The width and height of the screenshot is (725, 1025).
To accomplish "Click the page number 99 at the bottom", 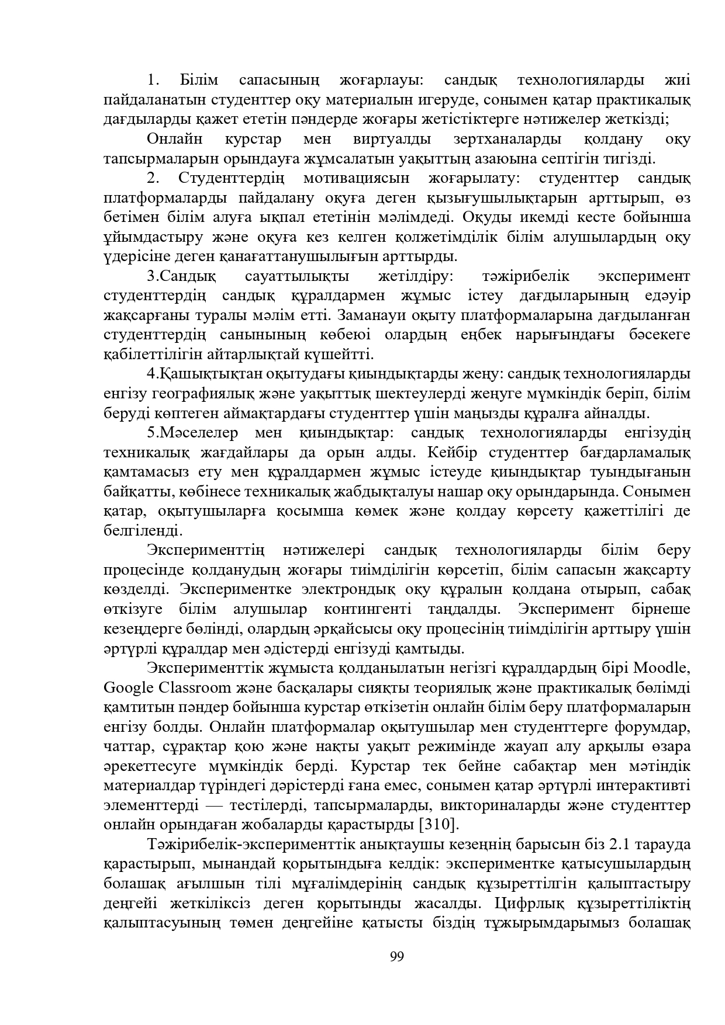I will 396,957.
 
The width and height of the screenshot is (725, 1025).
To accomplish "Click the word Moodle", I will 662,668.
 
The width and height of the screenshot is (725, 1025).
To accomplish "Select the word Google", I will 130,687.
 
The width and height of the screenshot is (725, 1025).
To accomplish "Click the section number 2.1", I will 620,845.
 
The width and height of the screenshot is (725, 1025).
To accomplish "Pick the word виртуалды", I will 392,139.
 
